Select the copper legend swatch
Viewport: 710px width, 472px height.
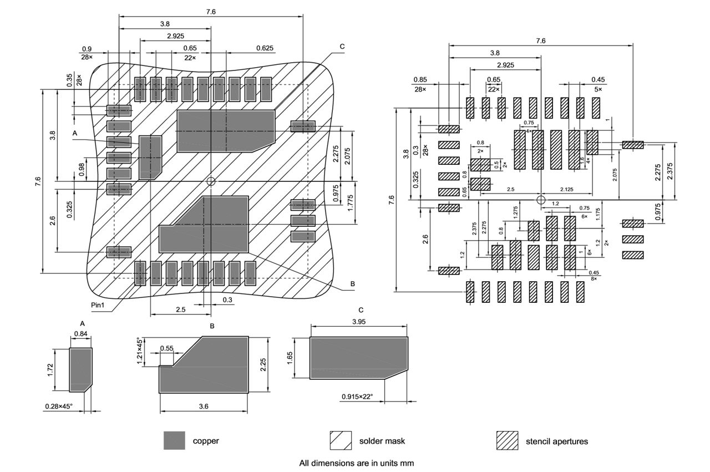pos(174,440)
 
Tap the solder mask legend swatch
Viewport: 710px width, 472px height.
pos(341,440)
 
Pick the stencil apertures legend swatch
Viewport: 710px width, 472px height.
pos(507,440)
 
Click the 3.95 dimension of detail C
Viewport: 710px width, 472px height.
pos(358,321)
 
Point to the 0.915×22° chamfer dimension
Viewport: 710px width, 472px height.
pos(357,397)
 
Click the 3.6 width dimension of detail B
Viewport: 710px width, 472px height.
pos(204,407)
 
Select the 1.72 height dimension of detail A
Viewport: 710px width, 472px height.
pos(50,370)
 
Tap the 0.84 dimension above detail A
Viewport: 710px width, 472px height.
pos(81,334)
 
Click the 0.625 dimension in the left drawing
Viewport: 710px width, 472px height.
pos(265,48)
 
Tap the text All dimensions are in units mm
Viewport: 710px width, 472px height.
pos(357,462)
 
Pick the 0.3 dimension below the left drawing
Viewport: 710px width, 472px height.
pos(227,300)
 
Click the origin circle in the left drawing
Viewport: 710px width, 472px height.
pos(211,181)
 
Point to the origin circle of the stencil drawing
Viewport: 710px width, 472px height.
pos(541,200)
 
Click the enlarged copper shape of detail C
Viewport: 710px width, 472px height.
pos(355,358)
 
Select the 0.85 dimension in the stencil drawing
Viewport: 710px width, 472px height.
pos(420,79)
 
